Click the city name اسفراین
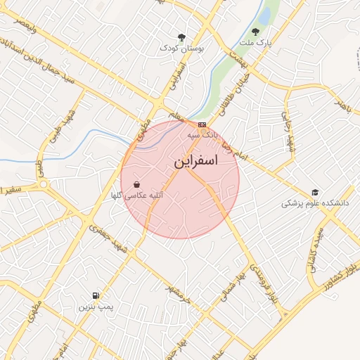click(x=195, y=161)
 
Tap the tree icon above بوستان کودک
click(x=183, y=37)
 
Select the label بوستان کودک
click(x=181, y=49)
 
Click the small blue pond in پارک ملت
click(x=264, y=14)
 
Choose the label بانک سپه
click(x=202, y=133)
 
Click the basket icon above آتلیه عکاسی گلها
click(x=136, y=185)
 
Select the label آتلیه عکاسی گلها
click(x=138, y=197)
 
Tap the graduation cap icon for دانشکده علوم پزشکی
click(x=315, y=192)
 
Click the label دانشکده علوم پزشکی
click(x=315, y=203)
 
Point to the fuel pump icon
click(x=95, y=296)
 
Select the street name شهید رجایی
click(x=288, y=131)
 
